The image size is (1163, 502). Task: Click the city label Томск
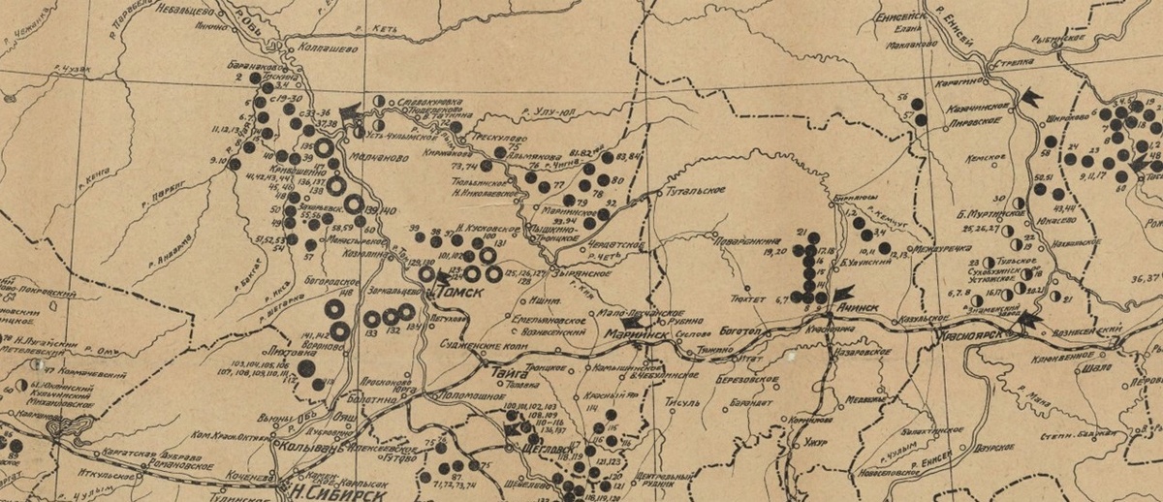pyautogui.click(x=456, y=290)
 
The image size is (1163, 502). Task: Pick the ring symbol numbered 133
pyautogui.click(x=372, y=318)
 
